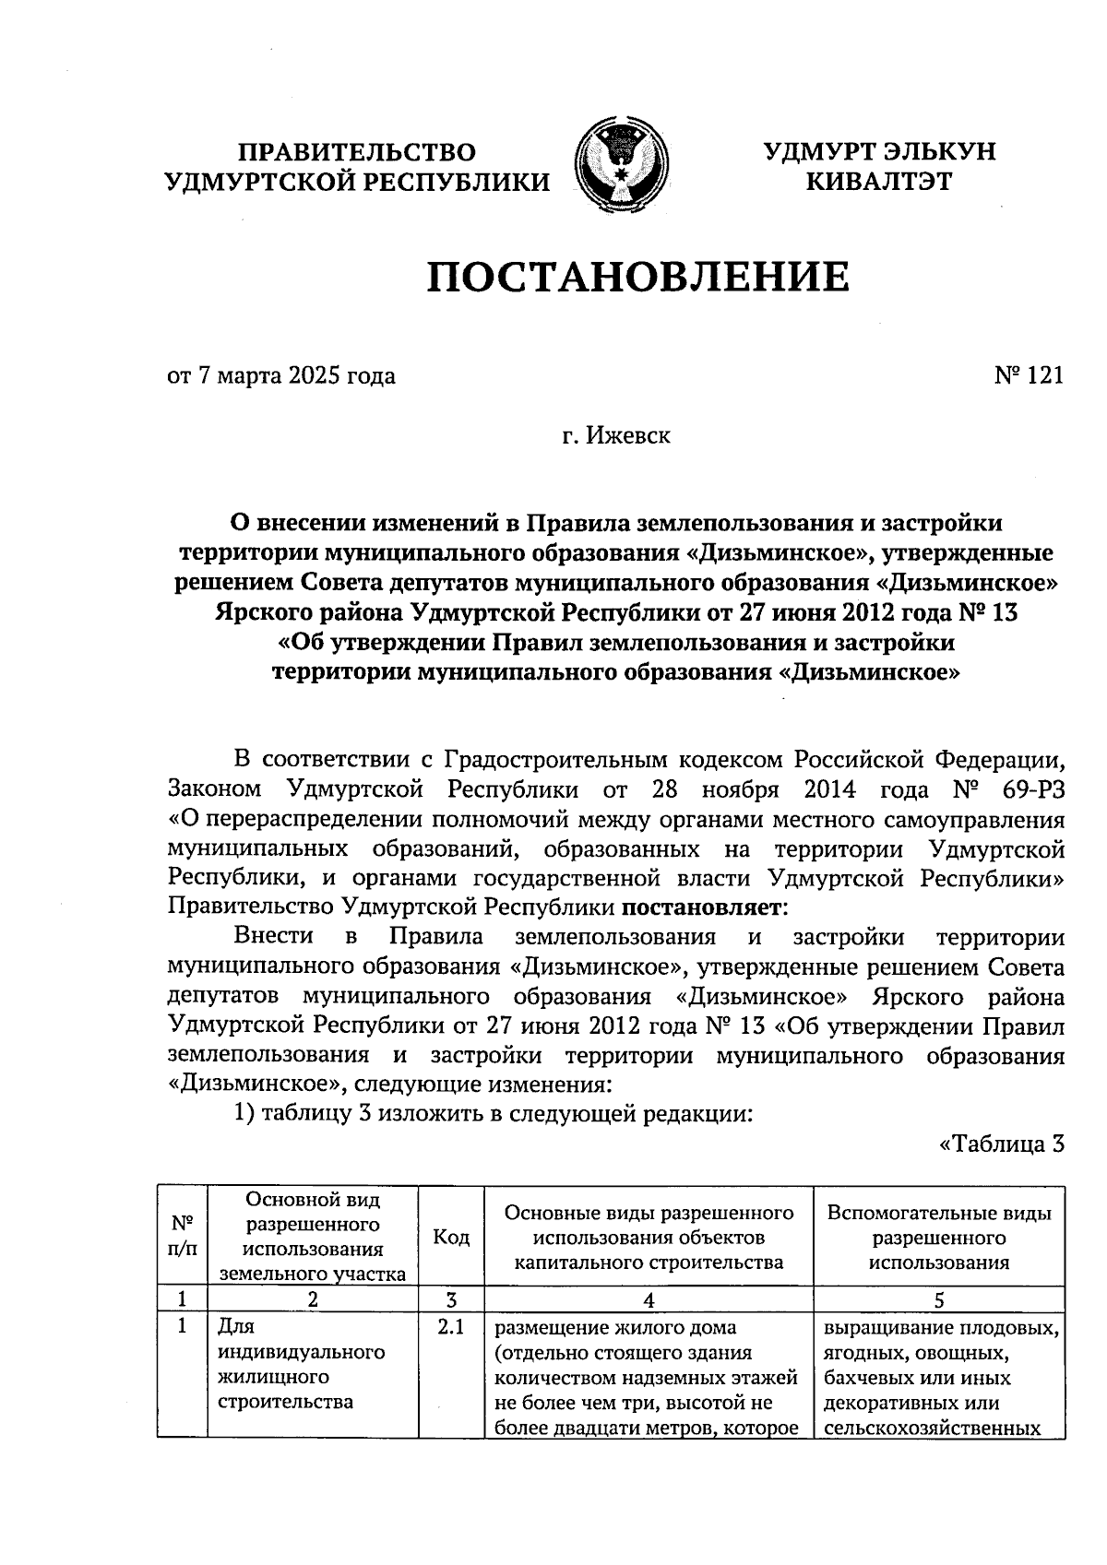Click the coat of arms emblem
coord(621,162)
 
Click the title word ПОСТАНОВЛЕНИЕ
coord(637,277)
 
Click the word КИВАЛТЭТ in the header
coord(878,182)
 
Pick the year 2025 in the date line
coord(315,376)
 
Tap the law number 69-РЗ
coord(1026,789)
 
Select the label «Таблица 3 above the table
coord(1002,1144)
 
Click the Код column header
coord(451,1237)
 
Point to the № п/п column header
coord(183,1237)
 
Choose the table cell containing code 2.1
coord(450,1329)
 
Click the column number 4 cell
coord(649,1299)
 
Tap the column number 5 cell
coord(938,1299)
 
